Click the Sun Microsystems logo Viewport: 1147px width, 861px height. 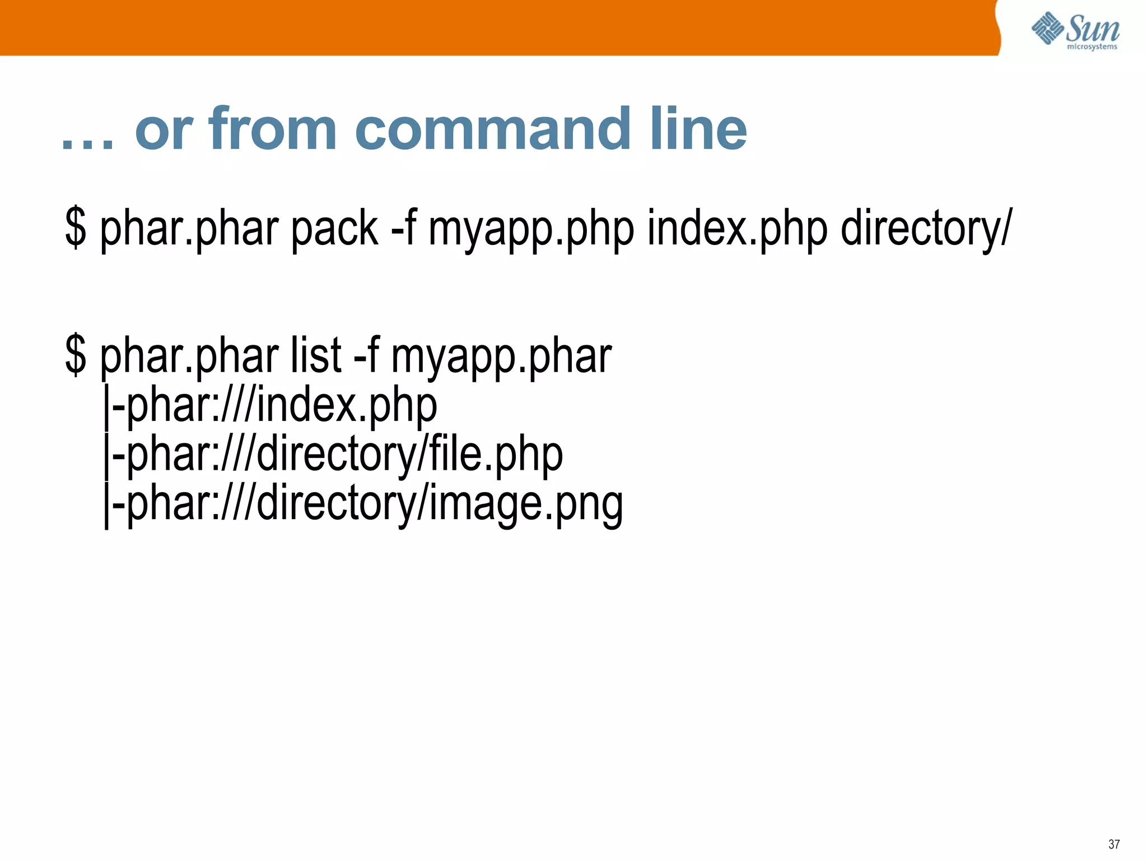point(1075,31)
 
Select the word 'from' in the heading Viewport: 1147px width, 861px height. point(273,129)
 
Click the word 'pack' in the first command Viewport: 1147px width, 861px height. point(335,229)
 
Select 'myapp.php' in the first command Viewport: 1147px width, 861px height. point(531,229)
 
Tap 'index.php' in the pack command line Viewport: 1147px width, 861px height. point(737,229)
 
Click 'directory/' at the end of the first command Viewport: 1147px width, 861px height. point(926,229)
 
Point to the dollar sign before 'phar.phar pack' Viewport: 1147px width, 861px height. point(76,229)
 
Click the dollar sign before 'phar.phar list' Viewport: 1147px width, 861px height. point(76,355)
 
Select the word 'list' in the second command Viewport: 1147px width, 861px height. point(316,355)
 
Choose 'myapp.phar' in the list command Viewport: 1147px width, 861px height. point(501,355)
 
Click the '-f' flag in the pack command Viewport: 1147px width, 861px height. point(403,229)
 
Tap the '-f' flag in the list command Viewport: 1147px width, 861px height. point(366,355)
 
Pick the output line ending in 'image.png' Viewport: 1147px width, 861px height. point(363,503)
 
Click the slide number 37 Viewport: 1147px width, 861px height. point(1114,844)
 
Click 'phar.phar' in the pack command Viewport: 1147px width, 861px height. point(189,229)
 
